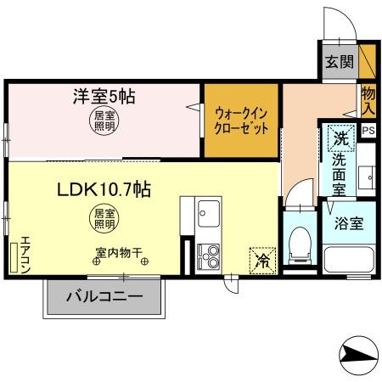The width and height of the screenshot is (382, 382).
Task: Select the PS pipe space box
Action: (x=368, y=130)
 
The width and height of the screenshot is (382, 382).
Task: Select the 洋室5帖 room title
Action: (x=103, y=97)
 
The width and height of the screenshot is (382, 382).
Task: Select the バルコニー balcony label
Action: (x=103, y=300)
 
